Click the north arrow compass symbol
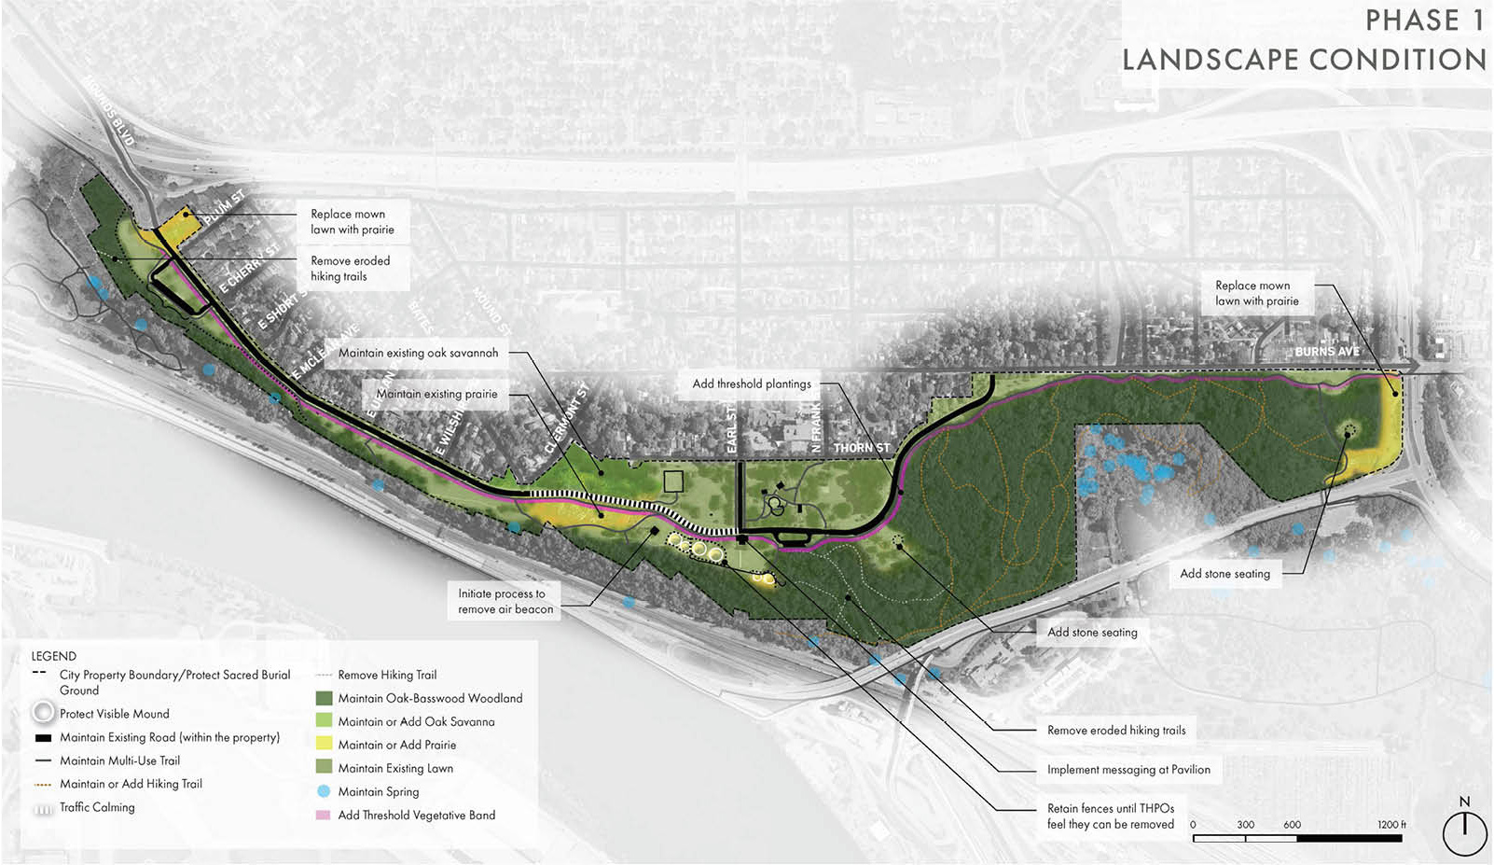tap(1464, 831)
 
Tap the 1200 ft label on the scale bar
tap(1391, 825)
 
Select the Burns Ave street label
tap(1326, 352)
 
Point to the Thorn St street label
tap(861, 448)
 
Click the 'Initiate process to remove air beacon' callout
tap(505, 601)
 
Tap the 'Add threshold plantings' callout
tap(752, 384)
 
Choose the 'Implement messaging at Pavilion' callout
tap(1128, 770)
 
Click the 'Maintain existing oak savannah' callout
tap(418, 353)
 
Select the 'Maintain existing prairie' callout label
tap(436, 394)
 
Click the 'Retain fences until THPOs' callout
tap(1110, 816)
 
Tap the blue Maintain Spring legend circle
tap(324, 791)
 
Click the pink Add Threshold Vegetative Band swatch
tap(324, 815)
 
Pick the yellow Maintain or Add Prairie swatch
tap(324, 745)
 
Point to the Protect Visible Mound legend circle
tap(43, 714)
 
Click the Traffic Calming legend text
tap(97, 807)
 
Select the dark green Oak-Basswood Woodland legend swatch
tap(324, 698)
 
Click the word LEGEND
tap(54, 656)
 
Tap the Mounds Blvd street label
tap(109, 111)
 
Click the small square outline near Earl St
tap(673, 481)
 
